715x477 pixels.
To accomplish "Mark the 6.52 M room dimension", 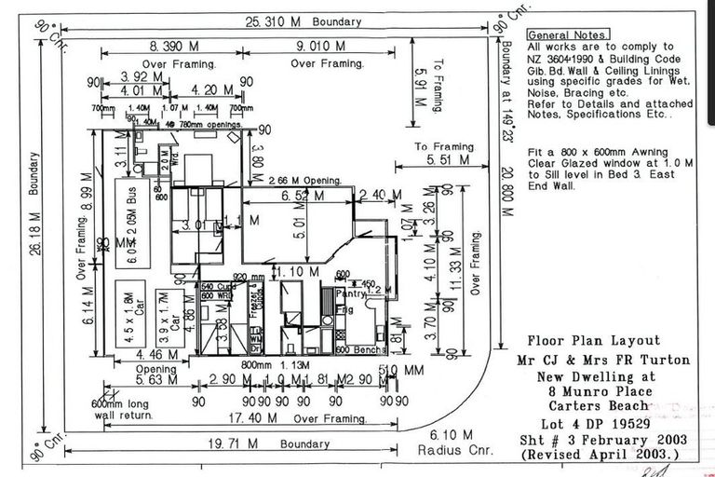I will pos(303,197).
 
